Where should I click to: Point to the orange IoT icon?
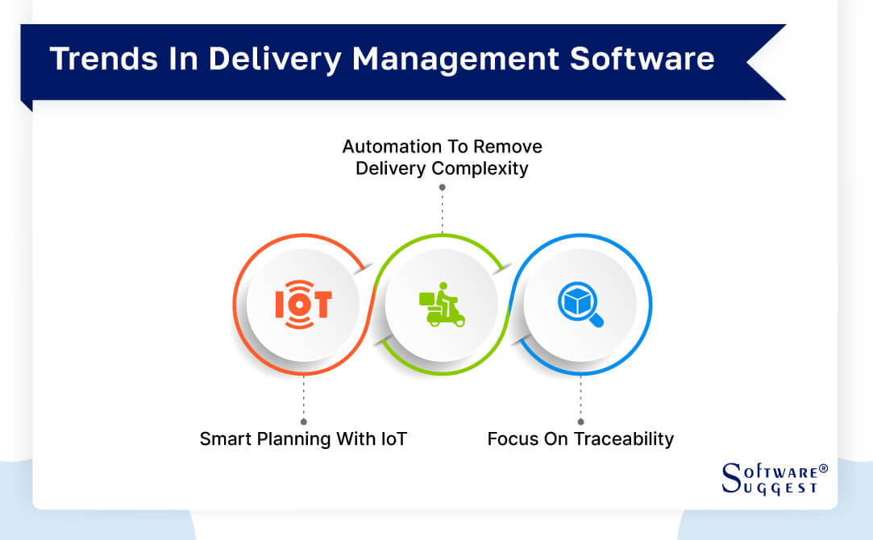pyautogui.click(x=303, y=304)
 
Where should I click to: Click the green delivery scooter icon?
pyautogui.click(x=442, y=304)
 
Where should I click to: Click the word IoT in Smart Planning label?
pyautogui.click(x=393, y=439)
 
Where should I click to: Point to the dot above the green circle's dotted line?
pyautogui.click(x=442, y=187)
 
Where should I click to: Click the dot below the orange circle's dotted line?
pyautogui.click(x=303, y=422)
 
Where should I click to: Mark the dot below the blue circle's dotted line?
pyautogui.click(x=580, y=422)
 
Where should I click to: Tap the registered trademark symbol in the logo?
pyautogui.click(x=822, y=468)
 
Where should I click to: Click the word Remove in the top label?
pyautogui.click(x=508, y=147)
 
